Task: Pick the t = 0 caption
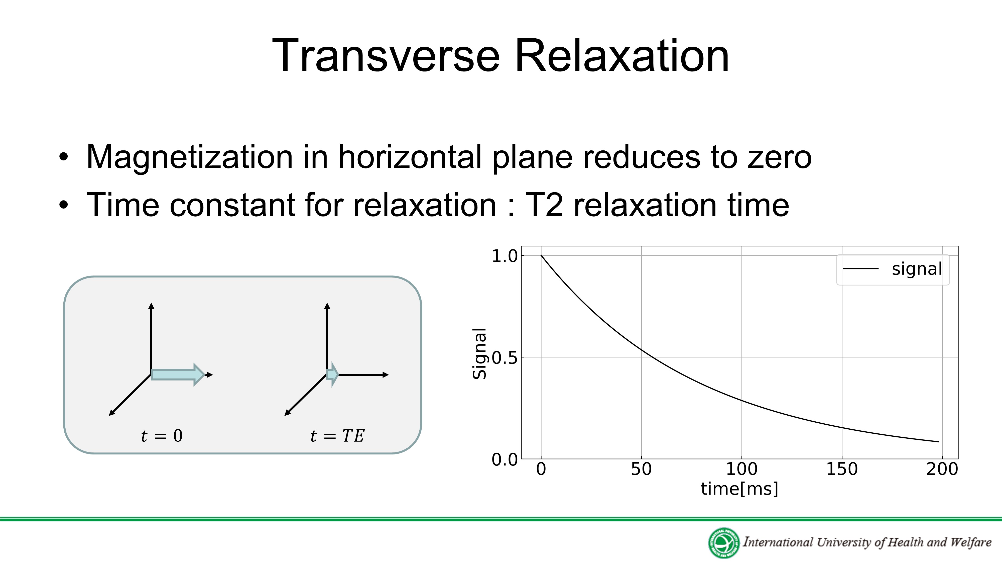coord(162,436)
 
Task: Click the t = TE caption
coord(337,436)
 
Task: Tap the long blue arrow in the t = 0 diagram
coord(178,374)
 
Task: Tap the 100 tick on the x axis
coord(742,469)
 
